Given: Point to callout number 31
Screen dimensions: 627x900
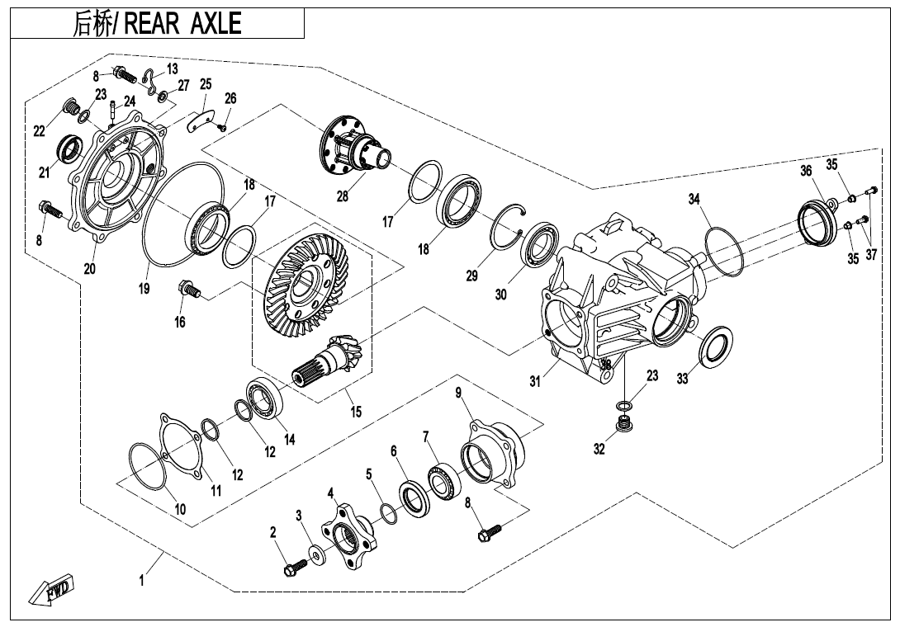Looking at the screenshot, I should coord(536,381).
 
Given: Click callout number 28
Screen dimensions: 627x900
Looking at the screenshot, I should coord(343,196).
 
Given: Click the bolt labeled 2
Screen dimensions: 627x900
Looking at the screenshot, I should coord(294,568).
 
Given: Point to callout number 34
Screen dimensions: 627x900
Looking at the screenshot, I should coord(694,199).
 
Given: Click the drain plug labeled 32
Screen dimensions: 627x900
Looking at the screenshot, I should coord(625,427).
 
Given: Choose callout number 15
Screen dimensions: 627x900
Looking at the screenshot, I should coord(355,411).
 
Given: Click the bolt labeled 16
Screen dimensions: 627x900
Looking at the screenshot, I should coord(189,290).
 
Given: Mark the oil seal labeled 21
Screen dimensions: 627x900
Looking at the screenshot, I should coord(69,149).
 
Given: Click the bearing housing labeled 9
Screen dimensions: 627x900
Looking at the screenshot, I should coord(494,454).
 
